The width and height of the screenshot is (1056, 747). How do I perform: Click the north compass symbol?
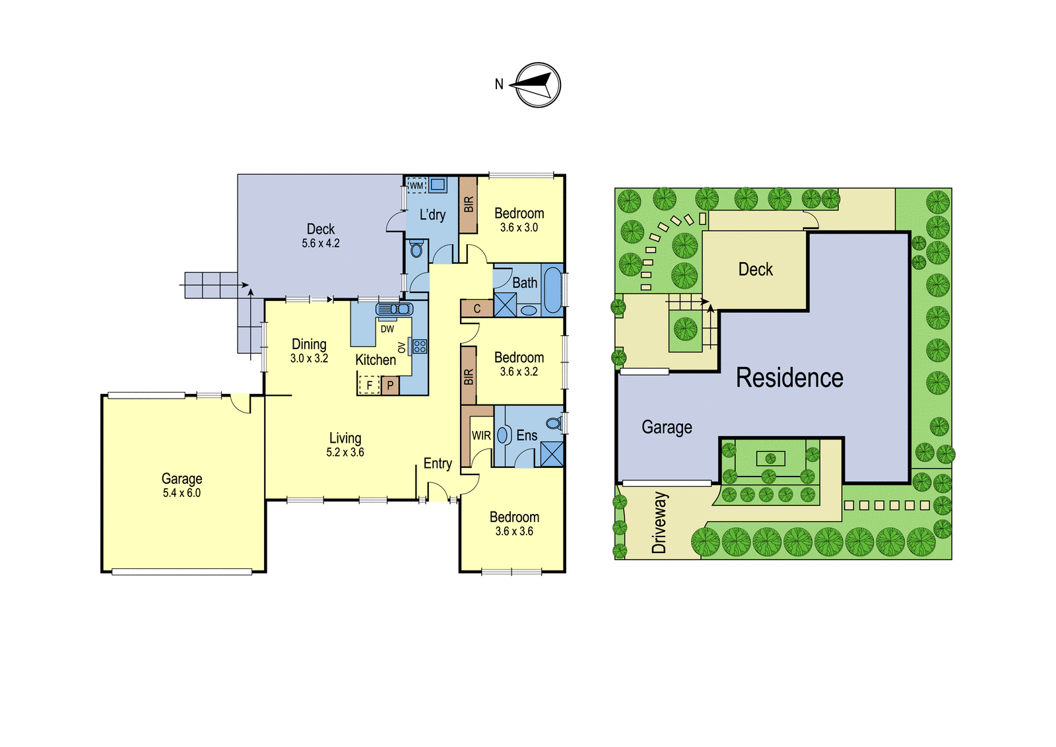[x=537, y=85]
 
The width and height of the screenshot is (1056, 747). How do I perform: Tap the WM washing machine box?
[x=416, y=185]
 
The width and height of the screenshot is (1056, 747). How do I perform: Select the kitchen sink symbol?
[x=394, y=309]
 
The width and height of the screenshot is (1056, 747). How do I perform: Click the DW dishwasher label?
[x=387, y=329]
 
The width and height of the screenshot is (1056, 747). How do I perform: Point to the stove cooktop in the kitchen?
[x=420, y=346]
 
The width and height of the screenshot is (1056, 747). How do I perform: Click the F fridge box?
[x=369, y=385]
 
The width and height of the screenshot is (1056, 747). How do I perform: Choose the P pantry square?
[x=390, y=385]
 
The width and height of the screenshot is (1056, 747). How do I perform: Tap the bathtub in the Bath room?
[x=552, y=289]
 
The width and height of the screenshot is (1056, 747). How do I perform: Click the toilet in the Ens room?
[x=555, y=423]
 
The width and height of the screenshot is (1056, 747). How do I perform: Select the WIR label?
[x=481, y=436]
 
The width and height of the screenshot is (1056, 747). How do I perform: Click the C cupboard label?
[x=477, y=309]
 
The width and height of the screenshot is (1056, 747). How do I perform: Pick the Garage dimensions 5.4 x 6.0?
[x=182, y=493]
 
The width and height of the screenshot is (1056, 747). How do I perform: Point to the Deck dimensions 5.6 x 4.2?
[x=321, y=244]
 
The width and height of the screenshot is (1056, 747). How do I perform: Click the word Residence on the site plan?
[x=789, y=377]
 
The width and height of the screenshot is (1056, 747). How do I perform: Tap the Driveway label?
[x=659, y=523]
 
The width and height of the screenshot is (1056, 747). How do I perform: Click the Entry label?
[x=438, y=464]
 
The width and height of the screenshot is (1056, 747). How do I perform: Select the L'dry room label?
[x=432, y=215]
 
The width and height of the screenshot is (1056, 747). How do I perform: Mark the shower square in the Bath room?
[x=505, y=304]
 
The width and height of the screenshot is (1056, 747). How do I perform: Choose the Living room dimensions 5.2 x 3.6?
[x=345, y=453]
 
